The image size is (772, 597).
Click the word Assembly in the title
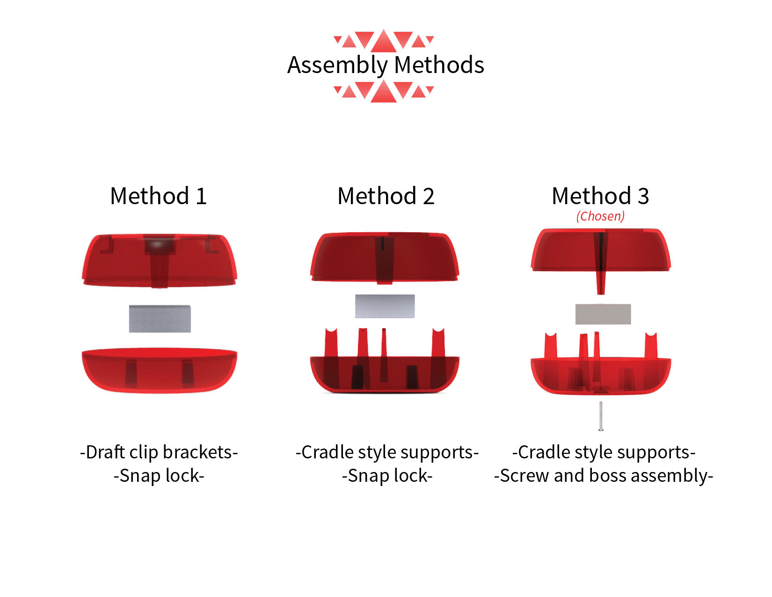[337, 66]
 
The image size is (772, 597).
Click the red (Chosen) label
[600, 216]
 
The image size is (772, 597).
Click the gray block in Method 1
[160, 318]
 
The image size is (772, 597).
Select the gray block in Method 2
[385, 306]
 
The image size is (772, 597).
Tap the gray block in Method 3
[603, 314]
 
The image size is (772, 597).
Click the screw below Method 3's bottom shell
[601, 416]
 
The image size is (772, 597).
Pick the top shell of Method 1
[160, 261]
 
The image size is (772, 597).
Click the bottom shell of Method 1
[160, 370]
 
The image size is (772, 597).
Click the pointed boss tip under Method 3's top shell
[601, 293]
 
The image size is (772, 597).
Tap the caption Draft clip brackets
[159, 453]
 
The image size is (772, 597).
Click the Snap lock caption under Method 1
[159, 476]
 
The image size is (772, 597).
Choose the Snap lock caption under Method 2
[387, 476]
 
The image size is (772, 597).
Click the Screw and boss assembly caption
[603, 476]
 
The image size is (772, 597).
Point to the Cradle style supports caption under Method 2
[387, 453]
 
